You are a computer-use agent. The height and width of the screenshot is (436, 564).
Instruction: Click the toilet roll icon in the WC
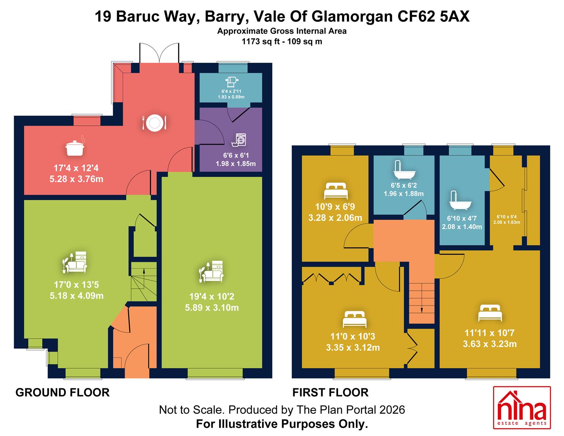pos(232,82)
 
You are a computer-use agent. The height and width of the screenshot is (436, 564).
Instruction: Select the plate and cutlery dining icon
pos(154,123)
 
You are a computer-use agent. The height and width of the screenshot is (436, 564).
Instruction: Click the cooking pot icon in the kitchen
pos(75,147)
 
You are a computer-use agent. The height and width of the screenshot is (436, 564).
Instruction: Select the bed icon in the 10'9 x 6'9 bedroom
pos(336,191)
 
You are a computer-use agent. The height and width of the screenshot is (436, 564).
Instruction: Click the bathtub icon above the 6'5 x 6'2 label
pos(404,170)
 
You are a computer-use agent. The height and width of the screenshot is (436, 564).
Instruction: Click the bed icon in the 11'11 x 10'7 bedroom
pos(490,313)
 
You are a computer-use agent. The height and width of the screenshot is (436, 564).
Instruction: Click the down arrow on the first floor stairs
pos(422,298)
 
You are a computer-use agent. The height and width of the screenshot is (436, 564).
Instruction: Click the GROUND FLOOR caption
pos(63,392)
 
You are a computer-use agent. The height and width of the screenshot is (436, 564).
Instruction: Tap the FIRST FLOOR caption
pos(330,392)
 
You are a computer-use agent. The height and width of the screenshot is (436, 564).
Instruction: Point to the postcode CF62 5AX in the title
pos(433,17)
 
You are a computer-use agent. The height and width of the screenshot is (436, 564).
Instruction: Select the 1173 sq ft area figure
pos(261,42)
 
